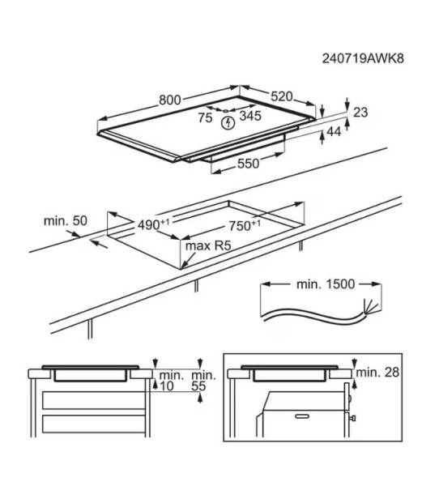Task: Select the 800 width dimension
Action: pyautogui.click(x=169, y=100)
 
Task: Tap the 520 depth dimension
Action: pyautogui.click(x=281, y=96)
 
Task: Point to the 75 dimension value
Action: pyautogui.click(x=205, y=117)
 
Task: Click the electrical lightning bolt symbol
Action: pyautogui.click(x=228, y=122)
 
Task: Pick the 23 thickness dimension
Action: pyautogui.click(x=360, y=113)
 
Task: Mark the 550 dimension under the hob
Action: pyautogui.click(x=248, y=164)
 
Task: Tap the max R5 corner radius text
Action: pyautogui.click(x=209, y=245)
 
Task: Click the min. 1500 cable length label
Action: pyautogui.click(x=322, y=285)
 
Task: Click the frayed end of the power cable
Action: pyautogui.click(x=372, y=307)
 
